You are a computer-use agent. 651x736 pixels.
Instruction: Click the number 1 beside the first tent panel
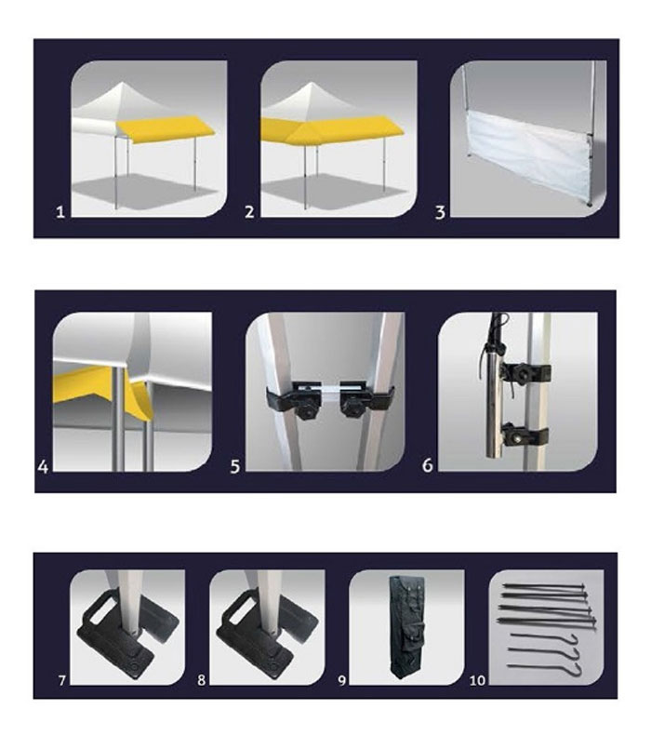(x=60, y=212)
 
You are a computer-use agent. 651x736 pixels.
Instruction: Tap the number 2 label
(x=249, y=212)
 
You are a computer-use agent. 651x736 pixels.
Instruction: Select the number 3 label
(x=440, y=213)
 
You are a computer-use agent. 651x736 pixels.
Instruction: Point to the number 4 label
(x=43, y=466)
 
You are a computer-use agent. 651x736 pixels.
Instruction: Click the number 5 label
(x=235, y=466)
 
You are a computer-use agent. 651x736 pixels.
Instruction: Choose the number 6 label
(x=427, y=465)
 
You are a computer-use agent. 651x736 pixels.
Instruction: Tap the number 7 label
(x=62, y=679)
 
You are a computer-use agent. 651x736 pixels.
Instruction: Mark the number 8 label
(x=202, y=679)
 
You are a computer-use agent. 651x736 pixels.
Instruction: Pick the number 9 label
(x=342, y=679)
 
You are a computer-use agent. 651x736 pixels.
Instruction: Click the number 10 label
(x=477, y=679)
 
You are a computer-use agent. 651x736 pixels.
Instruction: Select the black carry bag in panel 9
(x=406, y=626)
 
